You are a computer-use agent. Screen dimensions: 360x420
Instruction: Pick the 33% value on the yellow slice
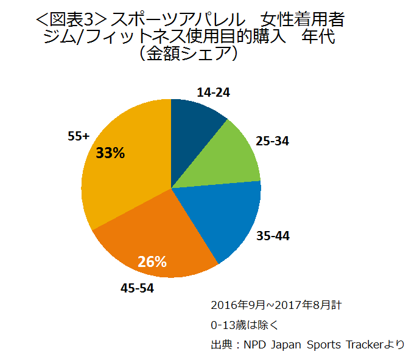pyautogui.click(x=110, y=153)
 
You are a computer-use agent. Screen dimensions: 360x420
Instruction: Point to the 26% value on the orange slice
pyautogui.click(x=152, y=262)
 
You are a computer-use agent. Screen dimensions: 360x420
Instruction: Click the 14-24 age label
pyautogui.click(x=214, y=92)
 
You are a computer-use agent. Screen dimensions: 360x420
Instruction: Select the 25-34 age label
pyautogui.click(x=272, y=141)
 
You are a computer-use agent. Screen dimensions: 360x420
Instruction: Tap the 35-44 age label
pyautogui.click(x=273, y=235)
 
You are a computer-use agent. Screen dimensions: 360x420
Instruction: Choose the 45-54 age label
pyautogui.click(x=137, y=288)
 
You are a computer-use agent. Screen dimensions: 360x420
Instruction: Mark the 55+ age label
pyautogui.click(x=79, y=137)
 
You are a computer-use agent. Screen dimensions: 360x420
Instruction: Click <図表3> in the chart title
pyautogui.click(x=68, y=22)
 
